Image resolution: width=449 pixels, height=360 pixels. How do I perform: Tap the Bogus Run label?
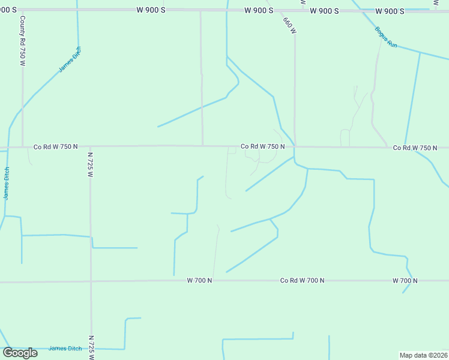386,37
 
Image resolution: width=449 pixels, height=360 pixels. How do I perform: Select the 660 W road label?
289,25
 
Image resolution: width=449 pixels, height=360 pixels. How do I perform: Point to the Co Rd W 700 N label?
303,280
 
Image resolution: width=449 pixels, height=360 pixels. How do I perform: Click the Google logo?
20,352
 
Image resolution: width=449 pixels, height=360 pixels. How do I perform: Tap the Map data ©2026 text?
423,355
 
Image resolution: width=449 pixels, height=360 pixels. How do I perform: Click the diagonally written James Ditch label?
70,60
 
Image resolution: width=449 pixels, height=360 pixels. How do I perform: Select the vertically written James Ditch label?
7,184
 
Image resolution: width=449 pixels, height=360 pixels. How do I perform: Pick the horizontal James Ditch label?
65,349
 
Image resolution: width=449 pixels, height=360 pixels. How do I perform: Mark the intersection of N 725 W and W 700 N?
91,281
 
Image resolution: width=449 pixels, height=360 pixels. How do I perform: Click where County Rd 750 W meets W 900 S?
22,10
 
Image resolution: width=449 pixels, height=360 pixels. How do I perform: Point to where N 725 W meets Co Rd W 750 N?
90,146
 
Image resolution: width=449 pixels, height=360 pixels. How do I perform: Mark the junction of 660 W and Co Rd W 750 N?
295,146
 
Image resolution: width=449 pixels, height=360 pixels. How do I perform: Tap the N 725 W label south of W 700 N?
91,347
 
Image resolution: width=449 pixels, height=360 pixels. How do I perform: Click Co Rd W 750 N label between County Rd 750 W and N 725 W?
56,146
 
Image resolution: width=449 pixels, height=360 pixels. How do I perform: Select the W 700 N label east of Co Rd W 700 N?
405,280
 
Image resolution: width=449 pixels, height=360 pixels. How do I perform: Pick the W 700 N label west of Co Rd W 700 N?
200,280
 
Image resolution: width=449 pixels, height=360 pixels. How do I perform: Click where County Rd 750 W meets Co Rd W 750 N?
22,146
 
